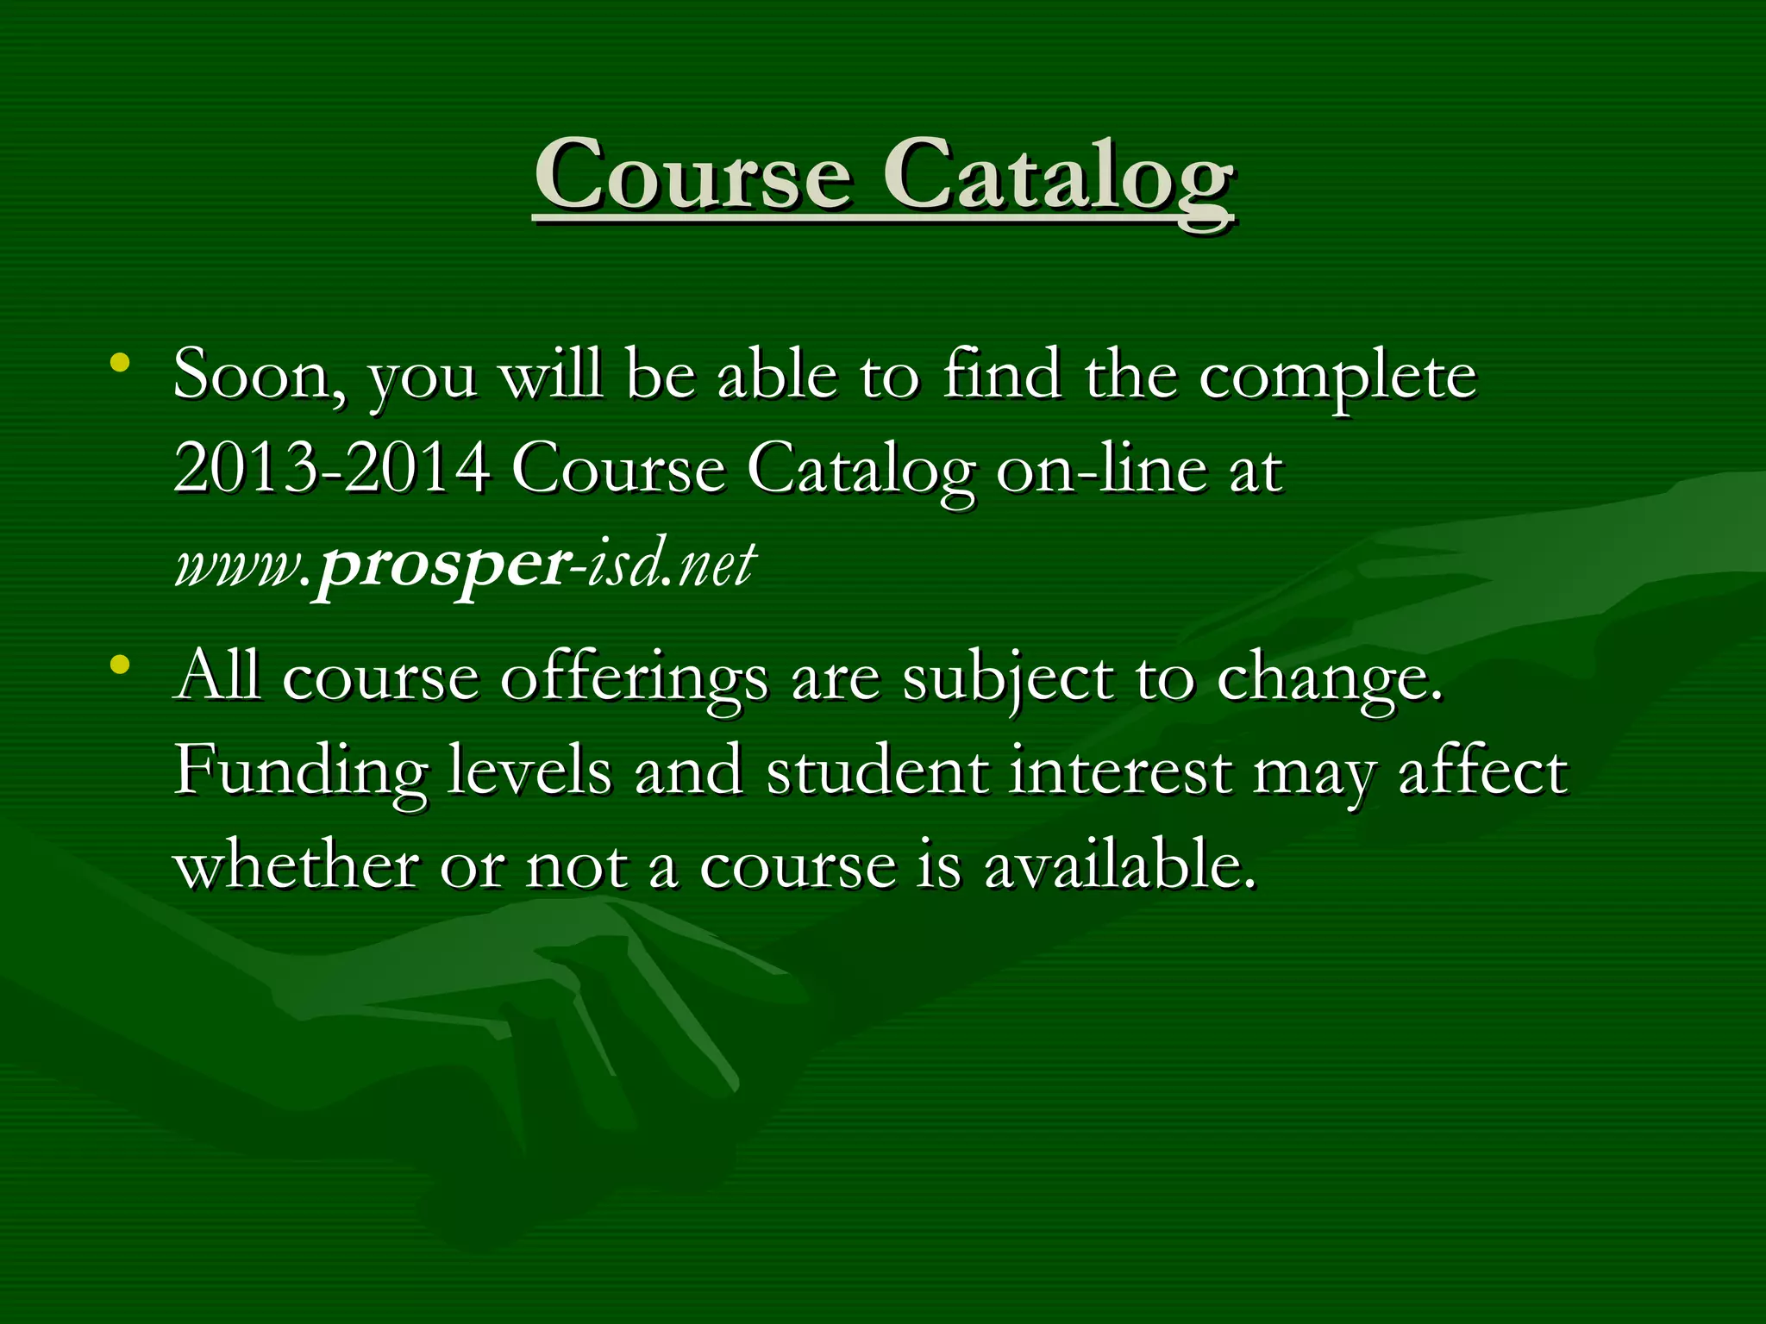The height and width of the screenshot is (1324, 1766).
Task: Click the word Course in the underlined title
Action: pos(693,176)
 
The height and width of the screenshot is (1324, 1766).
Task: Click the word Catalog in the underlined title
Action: pos(1058,176)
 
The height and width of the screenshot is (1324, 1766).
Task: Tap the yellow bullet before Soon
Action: pos(120,363)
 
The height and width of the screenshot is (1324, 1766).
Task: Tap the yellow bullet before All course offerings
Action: pos(120,665)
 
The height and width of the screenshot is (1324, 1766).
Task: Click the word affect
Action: pos(1482,771)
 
